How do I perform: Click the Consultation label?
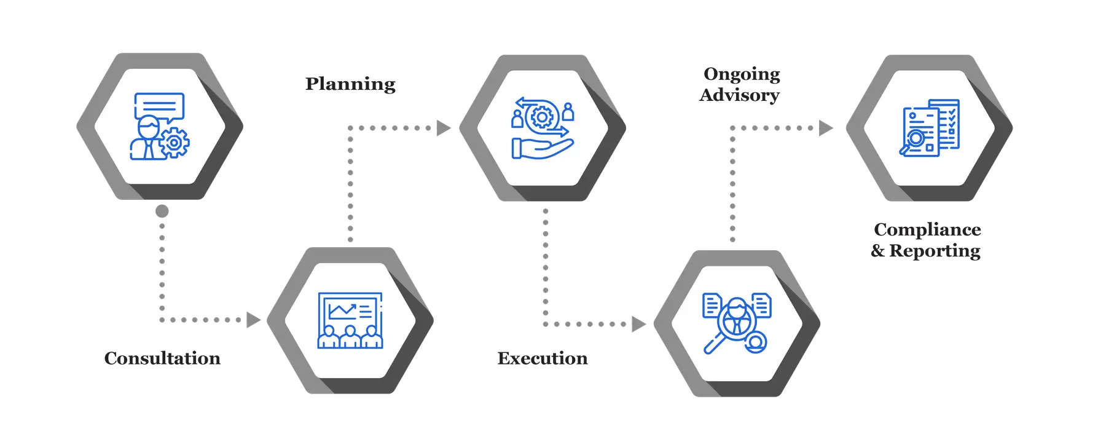(x=162, y=358)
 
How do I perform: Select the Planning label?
(x=351, y=83)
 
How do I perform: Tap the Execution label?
(x=543, y=358)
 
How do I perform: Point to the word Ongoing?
(x=742, y=74)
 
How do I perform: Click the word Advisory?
(x=739, y=95)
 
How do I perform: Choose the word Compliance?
(x=927, y=229)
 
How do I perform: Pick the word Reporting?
(x=935, y=250)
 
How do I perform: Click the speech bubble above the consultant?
(x=159, y=106)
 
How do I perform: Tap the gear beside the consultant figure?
(x=175, y=143)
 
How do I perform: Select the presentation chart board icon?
(x=350, y=320)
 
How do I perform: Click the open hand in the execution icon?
(x=542, y=148)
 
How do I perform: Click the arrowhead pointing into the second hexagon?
(x=253, y=320)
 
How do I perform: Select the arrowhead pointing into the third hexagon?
(x=443, y=128)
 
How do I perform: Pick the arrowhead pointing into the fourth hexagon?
(x=639, y=324)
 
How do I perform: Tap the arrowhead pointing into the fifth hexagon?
(x=825, y=128)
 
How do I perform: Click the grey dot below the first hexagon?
(x=162, y=212)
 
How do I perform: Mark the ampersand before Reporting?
(x=878, y=251)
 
